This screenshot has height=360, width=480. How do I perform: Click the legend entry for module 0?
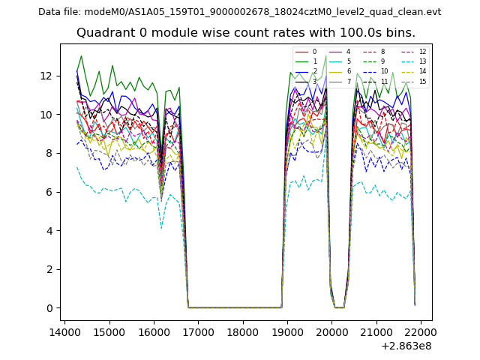pyautogui.click(x=307, y=52)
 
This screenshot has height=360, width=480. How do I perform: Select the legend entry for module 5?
pyautogui.click(x=342, y=61)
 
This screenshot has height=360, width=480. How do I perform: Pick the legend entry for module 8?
pyautogui.click(x=376, y=52)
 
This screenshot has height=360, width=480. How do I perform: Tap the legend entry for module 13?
pyautogui.click(x=417, y=61)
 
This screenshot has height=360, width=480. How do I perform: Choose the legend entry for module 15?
pyautogui.click(x=417, y=81)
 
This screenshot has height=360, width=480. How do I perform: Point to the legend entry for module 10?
pyautogui.click(x=378, y=71)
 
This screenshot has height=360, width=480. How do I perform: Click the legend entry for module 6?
pyautogui.click(x=342, y=71)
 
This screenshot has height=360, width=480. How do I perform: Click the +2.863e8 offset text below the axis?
pyautogui.click(x=408, y=346)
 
